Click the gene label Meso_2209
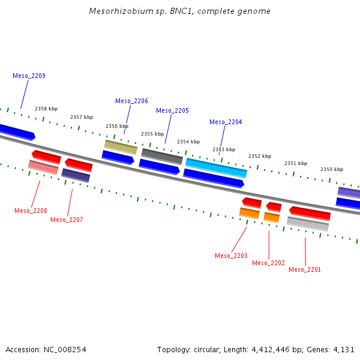point(29,76)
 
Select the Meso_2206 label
point(131,101)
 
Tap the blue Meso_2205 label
point(172,110)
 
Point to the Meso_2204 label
point(226,122)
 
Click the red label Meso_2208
point(31,211)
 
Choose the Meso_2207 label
point(67,220)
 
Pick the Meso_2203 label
point(231,256)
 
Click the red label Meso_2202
point(268,263)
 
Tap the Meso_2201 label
point(305,269)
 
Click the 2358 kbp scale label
point(46,109)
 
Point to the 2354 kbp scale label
point(188,142)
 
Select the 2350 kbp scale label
point(332,169)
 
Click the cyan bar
point(216,168)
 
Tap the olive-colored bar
point(121,147)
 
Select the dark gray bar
point(162,157)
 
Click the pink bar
point(43,167)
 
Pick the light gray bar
point(308,224)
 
